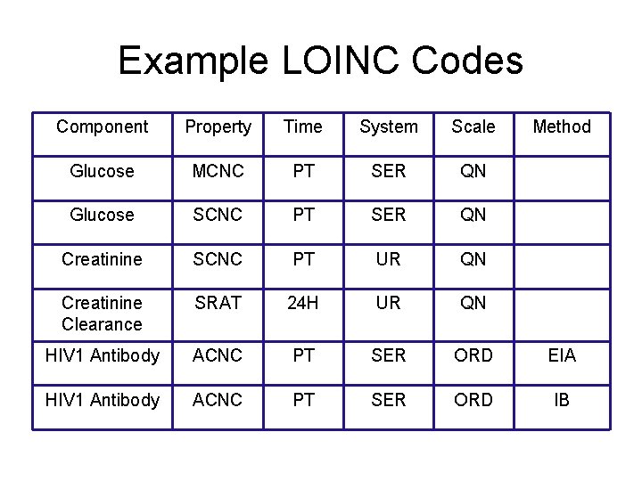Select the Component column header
pyautogui.click(x=102, y=126)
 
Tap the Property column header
pyautogui.click(x=218, y=126)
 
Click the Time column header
pyautogui.click(x=302, y=126)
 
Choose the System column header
pyautogui.click(x=388, y=126)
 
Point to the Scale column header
pyautogui.click(x=473, y=126)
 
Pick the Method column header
pyautogui.click(x=562, y=126)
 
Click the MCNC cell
pyautogui.click(x=218, y=171)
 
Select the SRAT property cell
pyautogui.click(x=218, y=303)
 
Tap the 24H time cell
pyautogui.click(x=302, y=303)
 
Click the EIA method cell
pyautogui.click(x=562, y=355)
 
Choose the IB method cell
pyautogui.click(x=562, y=400)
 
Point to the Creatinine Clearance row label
pyautogui.click(x=102, y=314)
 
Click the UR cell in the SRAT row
pyautogui.click(x=388, y=303)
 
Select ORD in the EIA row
pyautogui.click(x=473, y=355)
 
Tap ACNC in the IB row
pyautogui.click(x=218, y=400)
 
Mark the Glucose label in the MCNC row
pyautogui.click(x=102, y=171)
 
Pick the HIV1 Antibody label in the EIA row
pyautogui.click(x=102, y=355)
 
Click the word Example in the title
pyautogui.click(x=192, y=61)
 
